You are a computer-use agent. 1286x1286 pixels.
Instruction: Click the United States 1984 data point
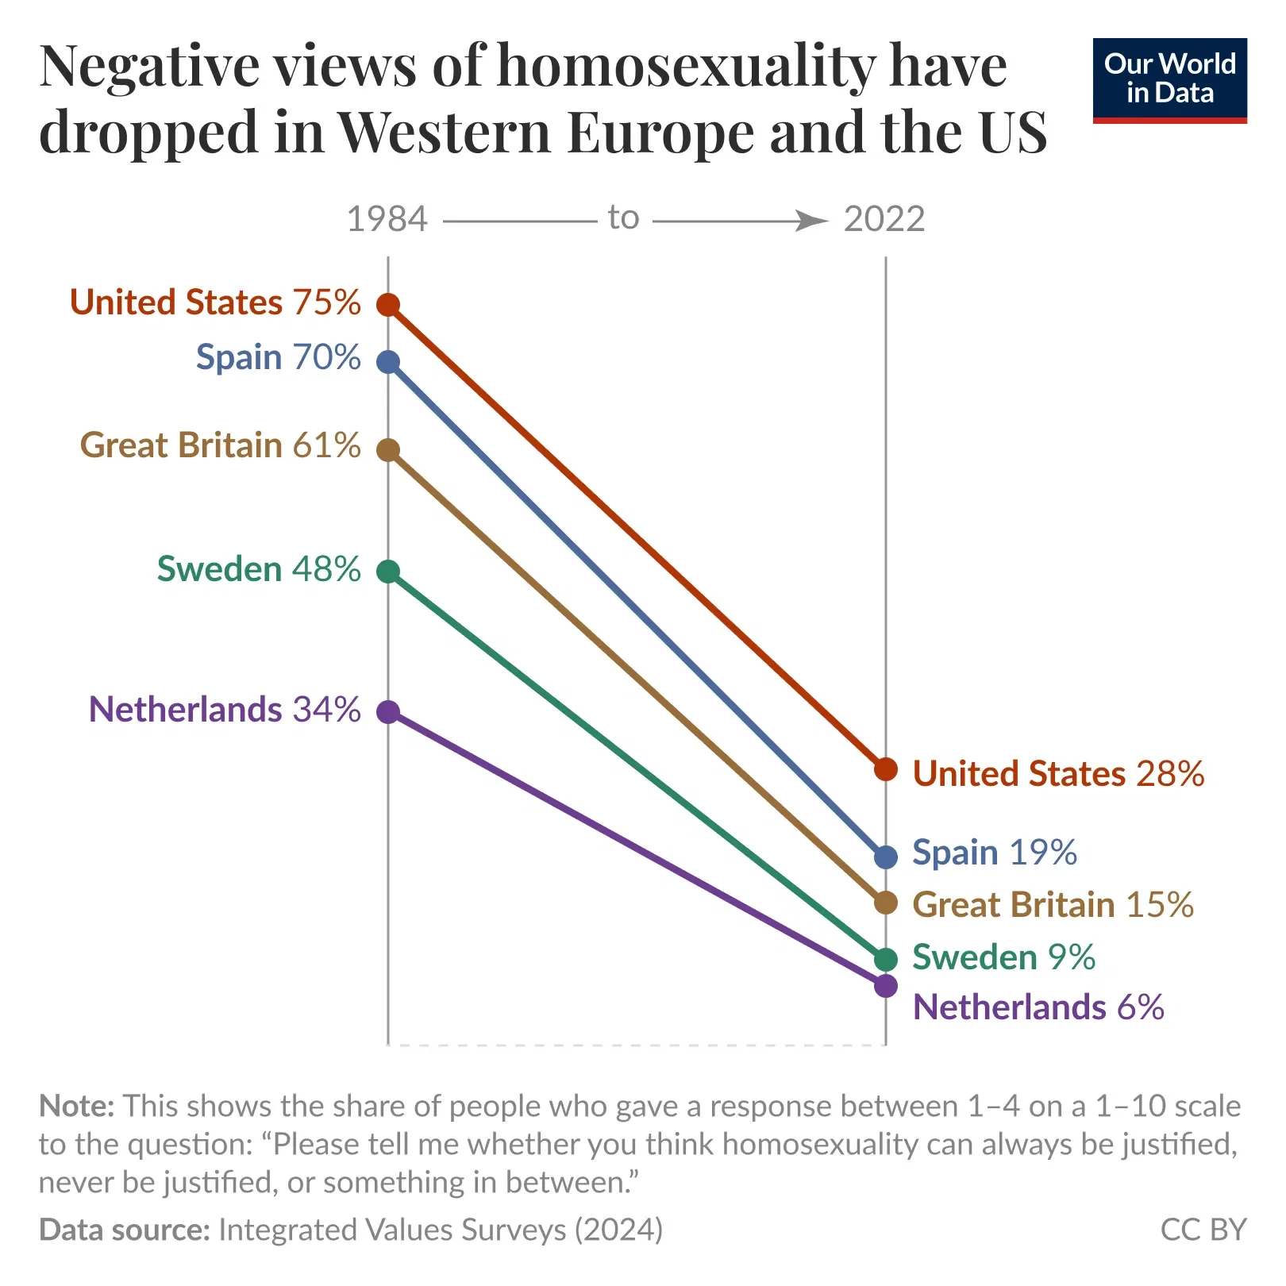click(387, 304)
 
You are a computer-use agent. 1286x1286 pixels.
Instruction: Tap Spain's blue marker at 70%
click(387, 362)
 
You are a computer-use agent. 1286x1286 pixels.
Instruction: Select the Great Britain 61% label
click(220, 445)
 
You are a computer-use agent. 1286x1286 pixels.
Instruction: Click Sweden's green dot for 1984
click(387, 572)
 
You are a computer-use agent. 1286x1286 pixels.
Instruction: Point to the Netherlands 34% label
click(225, 710)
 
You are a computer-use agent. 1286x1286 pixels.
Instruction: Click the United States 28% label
click(1058, 774)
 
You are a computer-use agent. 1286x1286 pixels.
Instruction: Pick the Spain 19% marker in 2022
click(886, 857)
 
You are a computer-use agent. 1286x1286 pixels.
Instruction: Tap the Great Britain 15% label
click(1053, 905)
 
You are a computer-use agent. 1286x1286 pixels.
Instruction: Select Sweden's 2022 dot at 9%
click(886, 959)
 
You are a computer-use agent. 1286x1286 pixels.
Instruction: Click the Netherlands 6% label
click(1038, 1007)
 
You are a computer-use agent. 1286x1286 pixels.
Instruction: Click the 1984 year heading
click(387, 219)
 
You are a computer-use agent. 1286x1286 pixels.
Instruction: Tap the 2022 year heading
click(884, 219)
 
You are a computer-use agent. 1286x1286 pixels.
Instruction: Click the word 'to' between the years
click(623, 218)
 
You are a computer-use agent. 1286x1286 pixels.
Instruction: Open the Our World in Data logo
click(1169, 80)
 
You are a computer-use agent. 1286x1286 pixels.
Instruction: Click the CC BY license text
click(1203, 1230)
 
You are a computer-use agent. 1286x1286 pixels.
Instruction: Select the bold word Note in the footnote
click(77, 1106)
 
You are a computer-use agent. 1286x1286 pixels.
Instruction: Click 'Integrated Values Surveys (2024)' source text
click(441, 1230)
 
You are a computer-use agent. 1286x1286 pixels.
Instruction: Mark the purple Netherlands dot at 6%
click(886, 986)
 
